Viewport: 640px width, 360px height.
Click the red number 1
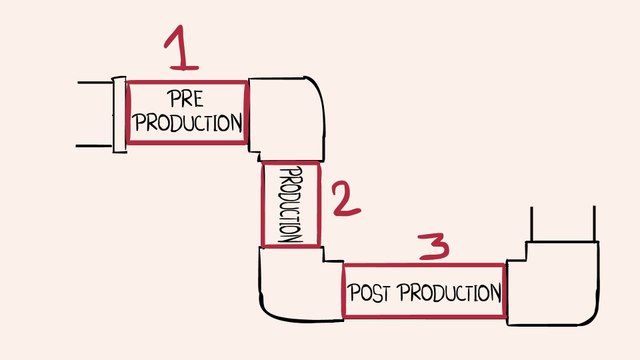181,50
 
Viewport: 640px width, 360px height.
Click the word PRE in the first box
187,99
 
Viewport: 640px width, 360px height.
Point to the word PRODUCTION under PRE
187,123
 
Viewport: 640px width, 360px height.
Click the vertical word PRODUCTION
290,204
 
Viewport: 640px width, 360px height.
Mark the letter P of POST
353,294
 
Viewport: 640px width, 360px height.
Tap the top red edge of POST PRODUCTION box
423,265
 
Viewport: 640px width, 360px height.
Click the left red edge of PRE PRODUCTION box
128,112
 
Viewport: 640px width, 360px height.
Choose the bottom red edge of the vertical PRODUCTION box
291,246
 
